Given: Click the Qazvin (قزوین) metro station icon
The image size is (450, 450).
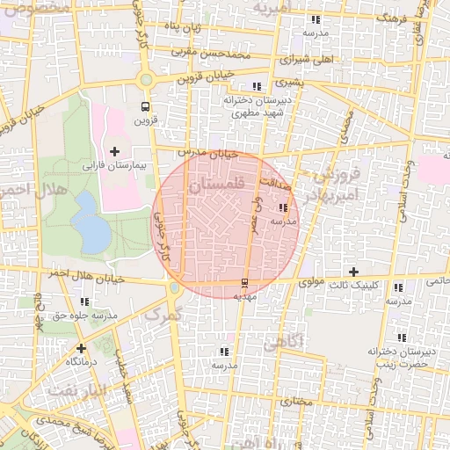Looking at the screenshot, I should pos(144,106).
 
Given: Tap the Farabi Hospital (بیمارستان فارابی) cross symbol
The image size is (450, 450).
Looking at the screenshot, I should pos(114,151).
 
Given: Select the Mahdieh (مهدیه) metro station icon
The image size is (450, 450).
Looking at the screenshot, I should pos(244,283).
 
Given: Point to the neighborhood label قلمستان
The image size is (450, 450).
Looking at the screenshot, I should pos(217,184).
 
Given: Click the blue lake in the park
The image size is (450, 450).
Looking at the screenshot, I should pos(89,221).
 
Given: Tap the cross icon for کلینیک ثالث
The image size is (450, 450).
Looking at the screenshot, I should pos(354,272).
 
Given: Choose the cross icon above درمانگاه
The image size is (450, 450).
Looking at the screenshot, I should pos(81,348).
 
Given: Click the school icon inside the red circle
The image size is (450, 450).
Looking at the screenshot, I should pos(283,208).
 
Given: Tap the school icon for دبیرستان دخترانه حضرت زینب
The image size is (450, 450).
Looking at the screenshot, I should pos(403,337).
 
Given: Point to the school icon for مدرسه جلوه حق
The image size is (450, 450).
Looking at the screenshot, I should pos(35,301).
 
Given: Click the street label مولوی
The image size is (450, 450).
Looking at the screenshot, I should pos(312,283).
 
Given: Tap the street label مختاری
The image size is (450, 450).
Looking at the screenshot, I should pos(295,401).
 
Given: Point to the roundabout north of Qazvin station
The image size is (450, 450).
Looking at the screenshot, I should pos(146,80).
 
